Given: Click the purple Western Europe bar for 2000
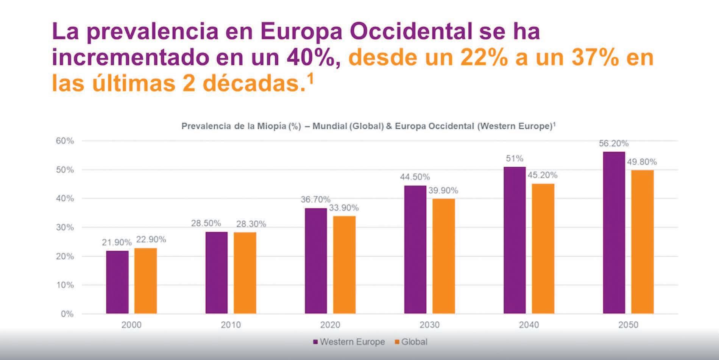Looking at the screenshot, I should pos(117,282).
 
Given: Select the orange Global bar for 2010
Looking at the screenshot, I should pos(245,273).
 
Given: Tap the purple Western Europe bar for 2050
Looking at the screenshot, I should pos(614,232).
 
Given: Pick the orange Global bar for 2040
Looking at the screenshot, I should pos(543,248).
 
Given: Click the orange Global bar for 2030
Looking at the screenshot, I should pos(443,256).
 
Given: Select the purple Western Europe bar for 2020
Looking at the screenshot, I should pos(316,261).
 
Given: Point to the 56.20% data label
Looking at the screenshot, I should pos(613,143).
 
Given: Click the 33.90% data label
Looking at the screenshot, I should pos(343,208).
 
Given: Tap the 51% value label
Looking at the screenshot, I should pos(515,159).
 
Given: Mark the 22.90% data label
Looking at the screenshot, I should pos(151,240).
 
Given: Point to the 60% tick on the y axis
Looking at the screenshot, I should pos(65,141).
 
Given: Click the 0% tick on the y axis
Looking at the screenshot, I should pos(67,314).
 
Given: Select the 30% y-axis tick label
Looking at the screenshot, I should pos(65,228).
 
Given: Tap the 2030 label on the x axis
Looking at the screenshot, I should pos(429,325).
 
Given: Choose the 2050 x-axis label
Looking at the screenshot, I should pos(628,325).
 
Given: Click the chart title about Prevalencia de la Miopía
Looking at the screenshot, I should pos(368,126).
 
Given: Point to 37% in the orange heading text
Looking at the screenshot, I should pos(594,58).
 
